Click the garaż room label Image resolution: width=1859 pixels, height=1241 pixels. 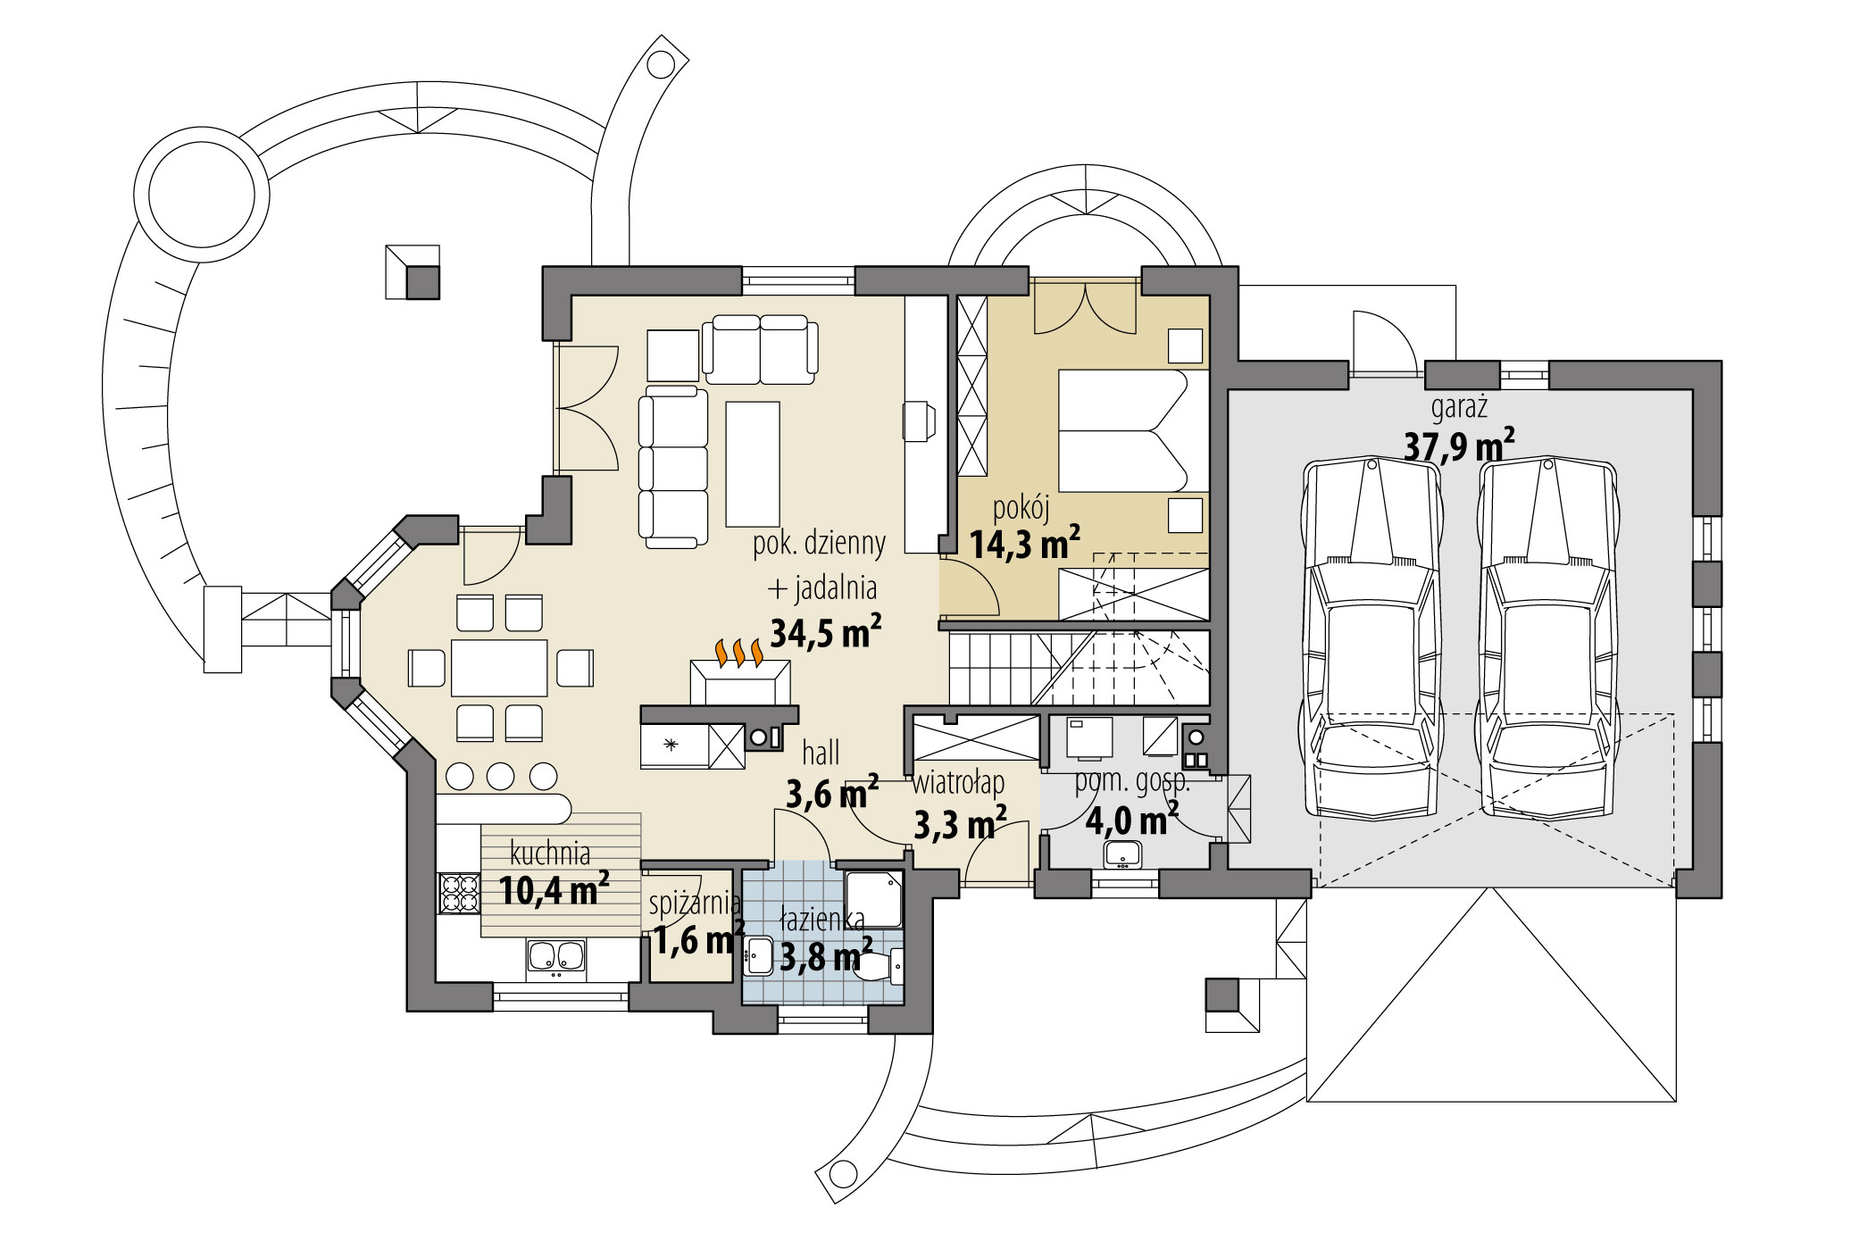point(1459,408)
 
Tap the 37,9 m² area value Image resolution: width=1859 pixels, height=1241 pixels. point(1458,445)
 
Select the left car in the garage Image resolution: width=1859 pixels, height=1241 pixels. point(1372,638)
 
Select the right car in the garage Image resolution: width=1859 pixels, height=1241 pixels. point(1547,638)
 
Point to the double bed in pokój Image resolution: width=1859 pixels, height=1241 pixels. point(1122,430)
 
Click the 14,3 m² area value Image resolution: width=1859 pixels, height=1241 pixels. point(1024,543)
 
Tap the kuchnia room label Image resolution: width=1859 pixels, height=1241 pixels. point(550,853)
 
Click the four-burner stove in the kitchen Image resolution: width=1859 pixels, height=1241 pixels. point(459,892)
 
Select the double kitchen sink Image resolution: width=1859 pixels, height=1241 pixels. point(555,956)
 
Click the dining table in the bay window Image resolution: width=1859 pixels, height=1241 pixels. point(499,667)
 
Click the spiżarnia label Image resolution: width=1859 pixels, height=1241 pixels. point(694,904)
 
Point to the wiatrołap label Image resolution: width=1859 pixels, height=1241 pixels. point(958,783)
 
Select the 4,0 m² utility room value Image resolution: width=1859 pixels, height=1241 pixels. point(1130,819)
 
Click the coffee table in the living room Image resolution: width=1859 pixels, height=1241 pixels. point(753,463)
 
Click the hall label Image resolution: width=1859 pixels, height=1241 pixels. point(821,753)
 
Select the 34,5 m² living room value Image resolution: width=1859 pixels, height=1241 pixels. point(825,632)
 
